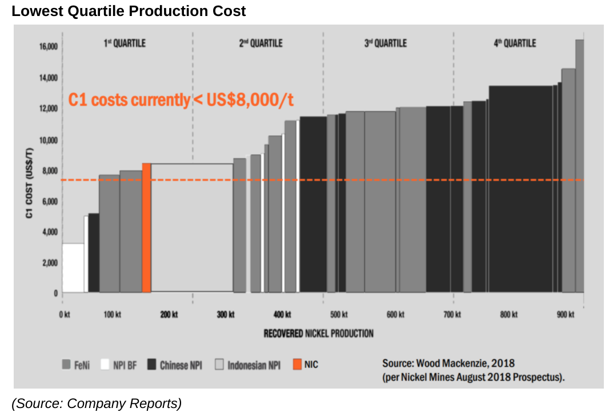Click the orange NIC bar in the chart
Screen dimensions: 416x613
(146, 228)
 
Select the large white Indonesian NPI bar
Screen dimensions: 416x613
(192, 228)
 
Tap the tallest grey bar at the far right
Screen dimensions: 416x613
(579, 166)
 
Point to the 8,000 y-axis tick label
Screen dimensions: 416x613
(50, 171)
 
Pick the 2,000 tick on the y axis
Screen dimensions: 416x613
(50, 263)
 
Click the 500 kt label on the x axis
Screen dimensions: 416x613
(339, 315)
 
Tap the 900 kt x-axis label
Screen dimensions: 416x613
(565, 315)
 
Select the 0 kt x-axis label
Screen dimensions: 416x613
(64, 315)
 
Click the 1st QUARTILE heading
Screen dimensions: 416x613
(125, 43)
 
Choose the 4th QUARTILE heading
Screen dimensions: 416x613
(515, 43)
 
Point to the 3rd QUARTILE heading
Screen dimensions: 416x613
(386, 43)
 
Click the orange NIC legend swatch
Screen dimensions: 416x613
(297, 364)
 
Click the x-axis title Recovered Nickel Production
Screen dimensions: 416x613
(319, 333)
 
